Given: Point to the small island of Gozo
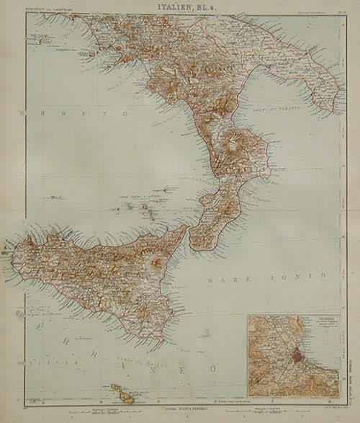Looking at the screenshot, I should [x=113, y=387].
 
